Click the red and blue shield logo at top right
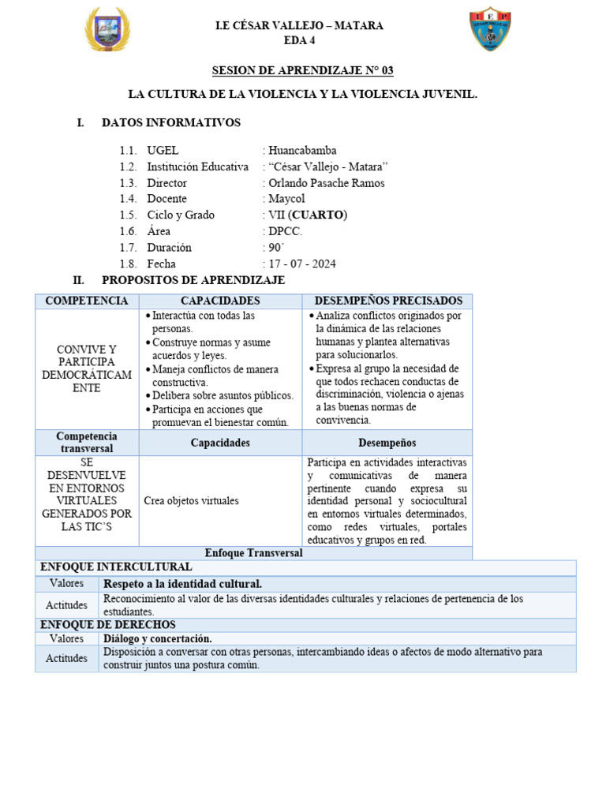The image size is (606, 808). tap(490, 30)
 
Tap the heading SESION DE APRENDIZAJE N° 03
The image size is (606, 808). tap(302, 70)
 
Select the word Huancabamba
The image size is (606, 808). tap(302, 150)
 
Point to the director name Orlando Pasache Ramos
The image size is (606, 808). tap(327, 183)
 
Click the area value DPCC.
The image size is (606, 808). tap(285, 231)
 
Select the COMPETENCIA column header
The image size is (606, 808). tap(87, 301)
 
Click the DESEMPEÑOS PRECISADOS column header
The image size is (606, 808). tap(388, 301)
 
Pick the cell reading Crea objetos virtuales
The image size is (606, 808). tap(192, 500)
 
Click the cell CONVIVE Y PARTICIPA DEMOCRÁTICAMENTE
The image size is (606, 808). tap(87, 368)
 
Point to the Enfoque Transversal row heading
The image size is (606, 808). tap(253, 553)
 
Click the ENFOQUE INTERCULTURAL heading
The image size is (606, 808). tap(116, 567)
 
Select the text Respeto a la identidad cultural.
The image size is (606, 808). tap(182, 583)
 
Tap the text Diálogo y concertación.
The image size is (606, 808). tap(158, 638)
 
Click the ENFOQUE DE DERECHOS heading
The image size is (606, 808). tap(108, 624)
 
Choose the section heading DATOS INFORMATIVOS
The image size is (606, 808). tap(171, 122)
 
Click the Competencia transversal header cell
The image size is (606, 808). tap(87, 442)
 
